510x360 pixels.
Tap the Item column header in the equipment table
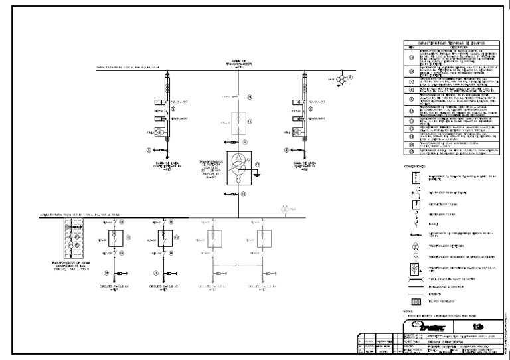(411, 47)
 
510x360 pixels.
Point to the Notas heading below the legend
(408, 311)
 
